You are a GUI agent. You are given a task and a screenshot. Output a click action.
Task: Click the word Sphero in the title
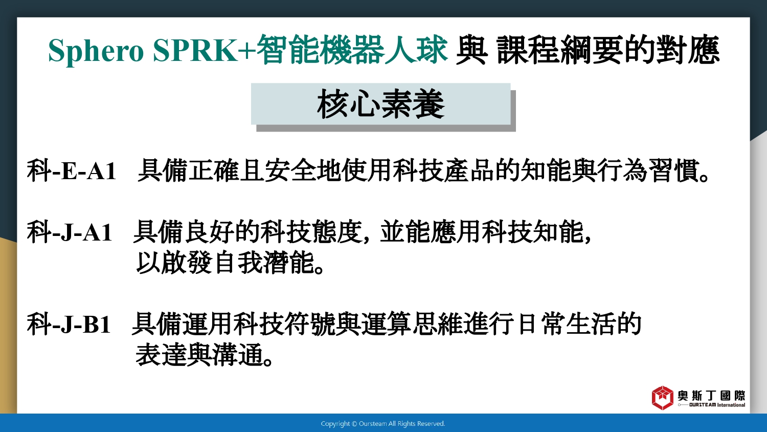[x=96, y=51]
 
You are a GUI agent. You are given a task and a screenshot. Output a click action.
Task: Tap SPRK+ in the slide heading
[x=204, y=50]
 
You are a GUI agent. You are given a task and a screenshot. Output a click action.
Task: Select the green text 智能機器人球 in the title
[x=352, y=50]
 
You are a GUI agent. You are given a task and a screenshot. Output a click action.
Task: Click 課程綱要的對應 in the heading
[x=608, y=50]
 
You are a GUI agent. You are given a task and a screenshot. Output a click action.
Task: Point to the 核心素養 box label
[x=381, y=104]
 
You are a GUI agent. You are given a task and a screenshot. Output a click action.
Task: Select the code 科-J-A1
[x=70, y=232]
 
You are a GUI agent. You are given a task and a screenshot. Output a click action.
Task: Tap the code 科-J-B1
[x=69, y=323]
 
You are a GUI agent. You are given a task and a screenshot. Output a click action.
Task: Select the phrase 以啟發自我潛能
[x=225, y=263]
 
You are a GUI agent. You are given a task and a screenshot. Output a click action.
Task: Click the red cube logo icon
[x=663, y=398]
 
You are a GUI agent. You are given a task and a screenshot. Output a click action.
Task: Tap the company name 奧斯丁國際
[x=711, y=396]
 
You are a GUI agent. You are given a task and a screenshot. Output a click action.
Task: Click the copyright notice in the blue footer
[x=383, y=424]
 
